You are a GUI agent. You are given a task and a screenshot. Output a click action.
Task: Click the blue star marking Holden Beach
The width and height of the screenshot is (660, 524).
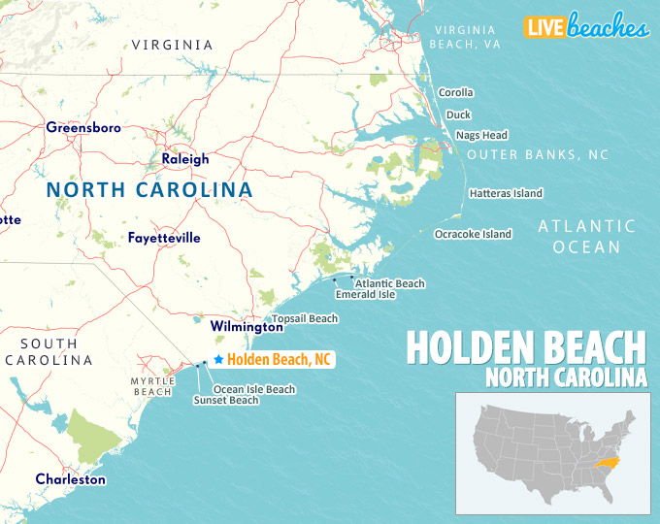click(217, 360)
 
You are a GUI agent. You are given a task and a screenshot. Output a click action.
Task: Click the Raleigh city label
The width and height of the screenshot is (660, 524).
click(184, 159)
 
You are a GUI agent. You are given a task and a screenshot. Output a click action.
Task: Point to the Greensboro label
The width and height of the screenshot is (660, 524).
click(83, 127)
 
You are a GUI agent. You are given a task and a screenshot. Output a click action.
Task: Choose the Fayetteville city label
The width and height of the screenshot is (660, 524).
click(164, 237)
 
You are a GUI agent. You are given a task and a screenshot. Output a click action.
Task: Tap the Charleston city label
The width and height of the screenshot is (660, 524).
click(71, 479)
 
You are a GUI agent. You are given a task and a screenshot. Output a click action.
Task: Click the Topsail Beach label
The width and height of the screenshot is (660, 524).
click(305, 318)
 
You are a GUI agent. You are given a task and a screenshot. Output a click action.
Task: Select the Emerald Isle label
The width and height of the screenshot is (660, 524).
click(365, 294)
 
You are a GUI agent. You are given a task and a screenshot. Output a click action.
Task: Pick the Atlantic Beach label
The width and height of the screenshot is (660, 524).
click(392, 283)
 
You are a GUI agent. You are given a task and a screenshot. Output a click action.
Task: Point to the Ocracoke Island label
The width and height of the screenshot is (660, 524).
click(473, 234)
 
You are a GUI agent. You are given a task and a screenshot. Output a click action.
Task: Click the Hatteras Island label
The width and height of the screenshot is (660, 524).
click(506, 193)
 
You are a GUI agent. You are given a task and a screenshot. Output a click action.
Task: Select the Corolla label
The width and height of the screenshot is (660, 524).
click(455, 92)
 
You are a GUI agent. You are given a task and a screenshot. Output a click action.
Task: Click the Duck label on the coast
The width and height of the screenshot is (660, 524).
click(458, 114)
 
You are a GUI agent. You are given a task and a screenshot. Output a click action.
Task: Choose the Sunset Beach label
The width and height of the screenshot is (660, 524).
click(225, 400)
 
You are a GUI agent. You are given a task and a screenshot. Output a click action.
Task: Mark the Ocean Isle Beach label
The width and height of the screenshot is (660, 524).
click(254, 389)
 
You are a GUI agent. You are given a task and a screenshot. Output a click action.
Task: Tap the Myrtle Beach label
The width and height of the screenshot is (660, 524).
click(153, 386)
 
